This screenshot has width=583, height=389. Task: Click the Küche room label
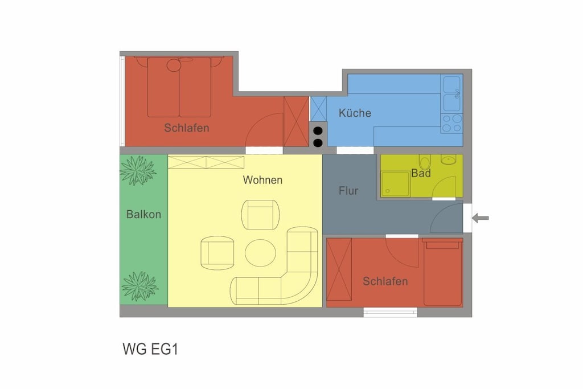[x=355, y=113]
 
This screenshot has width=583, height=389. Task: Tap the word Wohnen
[x=262, y=180]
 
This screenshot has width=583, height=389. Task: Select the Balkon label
[x=143, y=214]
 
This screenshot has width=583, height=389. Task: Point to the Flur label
[x=348, y=191]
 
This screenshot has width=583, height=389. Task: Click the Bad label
[x=421, y=173]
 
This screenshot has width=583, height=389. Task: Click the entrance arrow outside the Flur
[x=481, y=218]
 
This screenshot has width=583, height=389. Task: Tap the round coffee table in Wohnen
[x=260, y=253]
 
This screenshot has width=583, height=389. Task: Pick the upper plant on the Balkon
[x=138, y=170]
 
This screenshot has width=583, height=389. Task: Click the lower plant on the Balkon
[x=140, y=286]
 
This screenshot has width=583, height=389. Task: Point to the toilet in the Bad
[x=425, y=161]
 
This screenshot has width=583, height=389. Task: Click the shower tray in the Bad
[x=395, y=184]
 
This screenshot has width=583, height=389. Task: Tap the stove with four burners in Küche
[x=451, y=123]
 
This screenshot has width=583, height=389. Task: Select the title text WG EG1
[x=150, y=349]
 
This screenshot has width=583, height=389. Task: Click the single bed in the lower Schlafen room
[x=442, y=273]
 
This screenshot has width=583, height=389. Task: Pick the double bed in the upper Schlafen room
[x=179, y=87]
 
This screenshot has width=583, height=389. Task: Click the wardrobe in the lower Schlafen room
[x=339, y=269]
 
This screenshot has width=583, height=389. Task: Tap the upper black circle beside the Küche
[x=318, y=131]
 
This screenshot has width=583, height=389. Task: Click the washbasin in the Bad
[x=449, y=159]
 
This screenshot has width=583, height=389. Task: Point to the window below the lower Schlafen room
[x=390, y=312]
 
